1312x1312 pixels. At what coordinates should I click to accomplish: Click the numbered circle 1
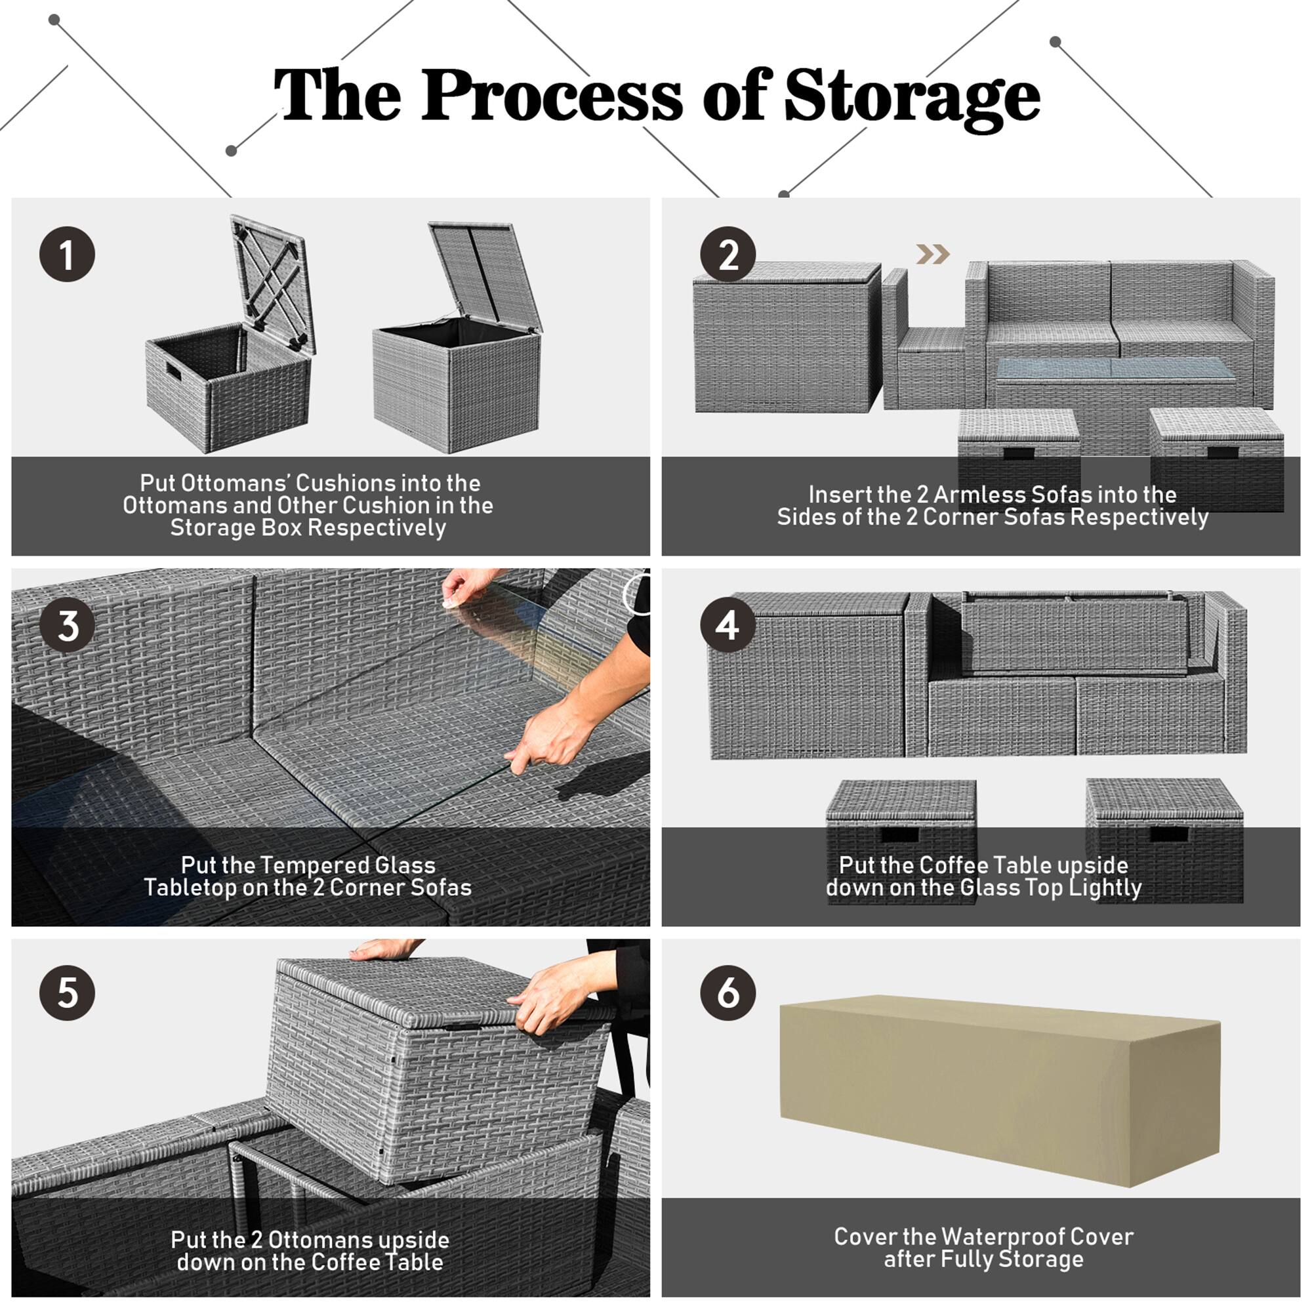click(x=66, y=255)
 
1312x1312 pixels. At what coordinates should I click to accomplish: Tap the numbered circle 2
click(x=728, y=255)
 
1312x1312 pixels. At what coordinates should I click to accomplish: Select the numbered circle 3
click(x=66, y=625)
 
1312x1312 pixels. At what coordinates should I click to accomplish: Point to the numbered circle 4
click(x=728, y=625)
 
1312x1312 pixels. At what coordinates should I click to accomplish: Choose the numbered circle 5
click(x=66, y=993)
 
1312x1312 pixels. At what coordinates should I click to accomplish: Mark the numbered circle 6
click(x=728, y=993)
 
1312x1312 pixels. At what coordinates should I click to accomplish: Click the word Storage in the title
click(x=911, y=96)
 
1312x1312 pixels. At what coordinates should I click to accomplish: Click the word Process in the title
click(x=552, y=96)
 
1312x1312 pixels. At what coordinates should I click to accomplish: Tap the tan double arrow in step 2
click(x=932, y=255)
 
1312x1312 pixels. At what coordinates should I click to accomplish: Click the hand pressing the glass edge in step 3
click(x=546, y=737)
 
